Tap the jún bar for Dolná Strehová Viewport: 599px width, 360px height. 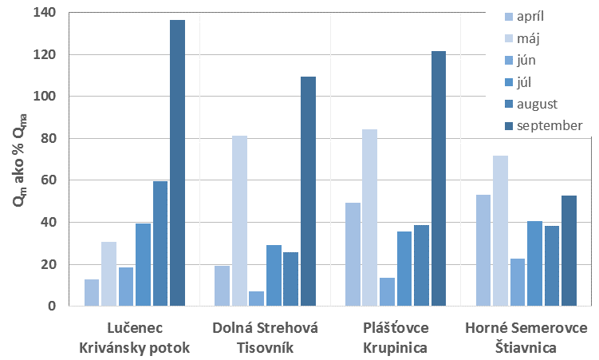tap(257, 299)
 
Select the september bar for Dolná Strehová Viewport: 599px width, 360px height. tap(308, 191)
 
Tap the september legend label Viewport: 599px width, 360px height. tap(550, 125)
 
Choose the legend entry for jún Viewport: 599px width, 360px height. tap(526, 59)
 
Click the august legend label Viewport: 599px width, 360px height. tap(542, 104)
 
